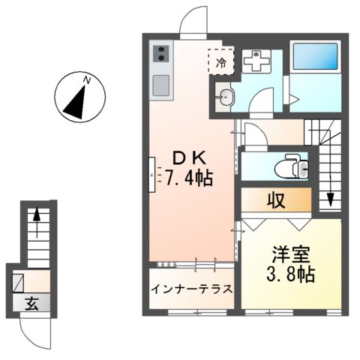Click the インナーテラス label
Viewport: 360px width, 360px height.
click(191, 289)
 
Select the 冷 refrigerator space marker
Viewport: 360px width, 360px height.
click(221, 62)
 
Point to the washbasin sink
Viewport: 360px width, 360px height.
click(226, 95)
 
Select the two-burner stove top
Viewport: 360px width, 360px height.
click(162, 54)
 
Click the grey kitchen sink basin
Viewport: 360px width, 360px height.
click(162, 85)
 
